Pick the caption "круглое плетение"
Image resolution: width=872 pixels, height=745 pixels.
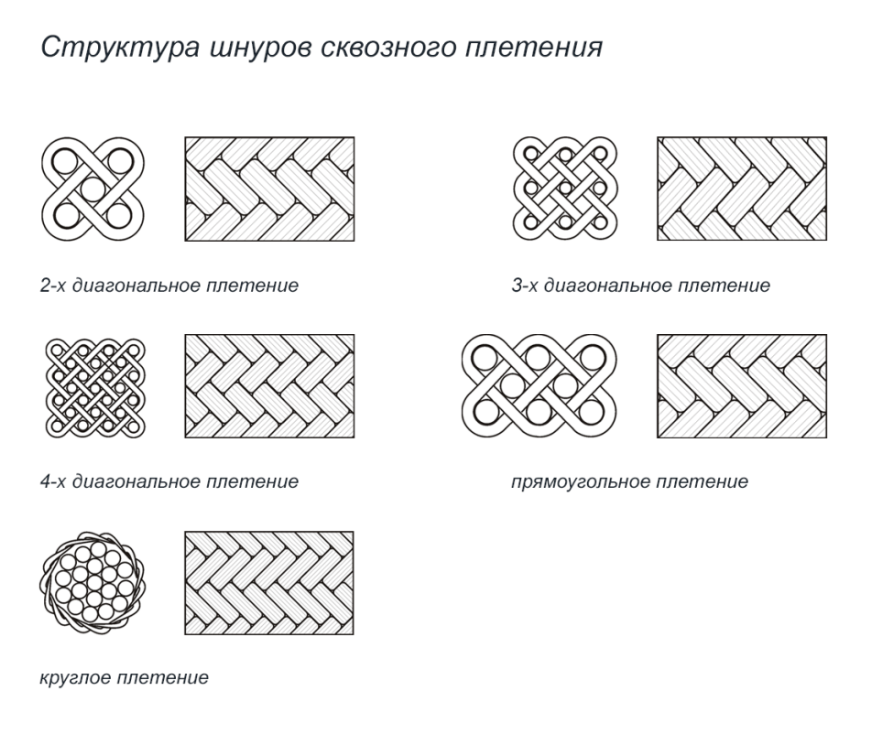pyautogui.click(x=124, y=678)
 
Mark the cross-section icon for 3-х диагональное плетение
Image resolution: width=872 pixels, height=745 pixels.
pyautogui.click(x=562, y=189)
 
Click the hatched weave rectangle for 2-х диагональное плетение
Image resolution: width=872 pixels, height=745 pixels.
pyautogui.click(x=270, y=189)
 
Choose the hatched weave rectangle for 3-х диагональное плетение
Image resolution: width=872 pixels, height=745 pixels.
pyautogui.click(x=742, y=189)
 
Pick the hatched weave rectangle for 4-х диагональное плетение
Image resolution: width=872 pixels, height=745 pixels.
pyautogui.click(x=270, y=386)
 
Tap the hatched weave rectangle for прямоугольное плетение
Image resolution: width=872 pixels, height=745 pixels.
pyautogui.click(x=742, y=386)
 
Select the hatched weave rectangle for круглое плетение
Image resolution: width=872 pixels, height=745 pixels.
pyautogui.click(x=270, y=583)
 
